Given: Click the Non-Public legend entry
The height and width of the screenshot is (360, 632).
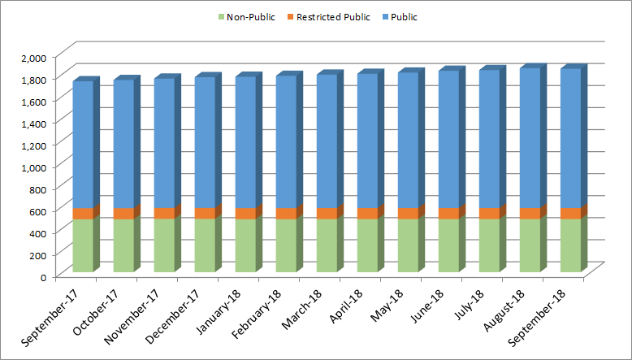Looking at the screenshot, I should [x=245, y=17].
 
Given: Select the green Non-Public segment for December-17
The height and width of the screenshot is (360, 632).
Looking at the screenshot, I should [x=205, y=245].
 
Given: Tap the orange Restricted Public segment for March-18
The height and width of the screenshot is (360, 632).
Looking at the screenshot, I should [x=327, y=213].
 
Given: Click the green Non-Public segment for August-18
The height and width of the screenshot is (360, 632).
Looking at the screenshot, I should [x=530, y=245].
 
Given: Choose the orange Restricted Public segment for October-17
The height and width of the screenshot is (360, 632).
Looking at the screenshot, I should [x=123, y=213].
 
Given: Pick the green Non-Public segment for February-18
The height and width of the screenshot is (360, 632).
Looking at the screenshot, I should [x=286, y=245].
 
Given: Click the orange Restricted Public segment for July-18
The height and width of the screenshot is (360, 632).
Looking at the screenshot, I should [x=489, y=213].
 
